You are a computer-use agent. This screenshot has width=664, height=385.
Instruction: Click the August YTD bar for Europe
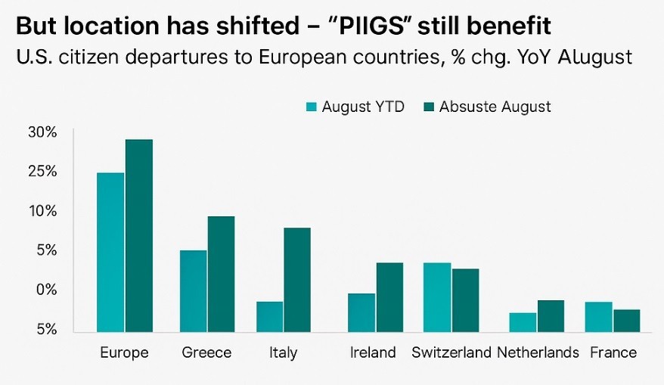(x=110, y=252)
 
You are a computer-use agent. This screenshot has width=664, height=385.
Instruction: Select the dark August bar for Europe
(x=139, y=235)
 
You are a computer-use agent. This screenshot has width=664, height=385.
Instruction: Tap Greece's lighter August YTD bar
(x=194, y=290)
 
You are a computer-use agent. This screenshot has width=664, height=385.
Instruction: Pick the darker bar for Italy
(x=296, y=279)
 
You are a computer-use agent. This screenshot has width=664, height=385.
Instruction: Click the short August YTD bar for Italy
(x=269, y=316)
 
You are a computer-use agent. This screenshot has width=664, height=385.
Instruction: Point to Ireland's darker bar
(x=390, y=297)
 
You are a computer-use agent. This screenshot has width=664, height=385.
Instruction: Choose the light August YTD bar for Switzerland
(x=437, y=297)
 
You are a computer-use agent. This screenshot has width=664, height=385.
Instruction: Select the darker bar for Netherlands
(x=551, y=315)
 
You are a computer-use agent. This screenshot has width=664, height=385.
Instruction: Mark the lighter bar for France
(x=599, y=316)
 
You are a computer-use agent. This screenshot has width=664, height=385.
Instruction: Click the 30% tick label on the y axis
(x=42, y=132)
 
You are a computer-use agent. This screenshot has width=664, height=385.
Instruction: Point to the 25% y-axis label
(x=42, y=172)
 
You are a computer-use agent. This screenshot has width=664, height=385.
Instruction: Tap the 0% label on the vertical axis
(x=46, y=290)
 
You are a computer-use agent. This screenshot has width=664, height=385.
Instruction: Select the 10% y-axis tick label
(x=42, y=211)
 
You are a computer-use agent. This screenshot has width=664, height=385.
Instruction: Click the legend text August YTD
(x=363, y=107)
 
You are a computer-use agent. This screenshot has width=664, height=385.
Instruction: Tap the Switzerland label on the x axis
(x=451, y=352)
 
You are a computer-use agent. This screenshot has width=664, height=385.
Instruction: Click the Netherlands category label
(x=538, y=352)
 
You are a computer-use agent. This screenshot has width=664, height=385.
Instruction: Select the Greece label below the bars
(x=206, y=352)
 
